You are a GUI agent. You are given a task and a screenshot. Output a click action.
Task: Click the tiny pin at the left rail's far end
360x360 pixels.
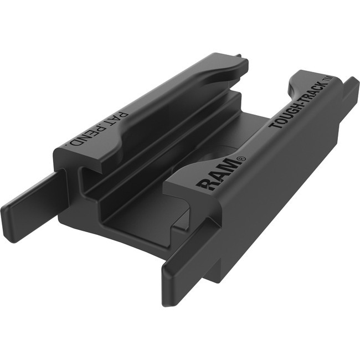click(x=238, y=55)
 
